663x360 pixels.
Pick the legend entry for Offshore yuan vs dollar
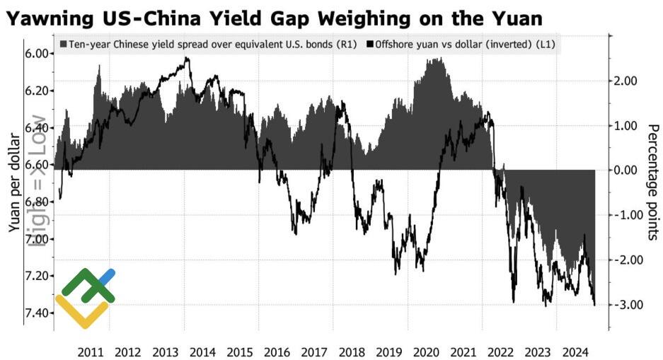[464, 45]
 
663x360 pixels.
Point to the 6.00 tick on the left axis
[35, 54]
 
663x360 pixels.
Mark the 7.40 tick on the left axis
[35, 313]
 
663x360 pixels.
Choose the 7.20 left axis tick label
[35, 275]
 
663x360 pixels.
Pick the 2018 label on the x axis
[352, 352]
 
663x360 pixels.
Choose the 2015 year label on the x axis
[240, 352]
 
